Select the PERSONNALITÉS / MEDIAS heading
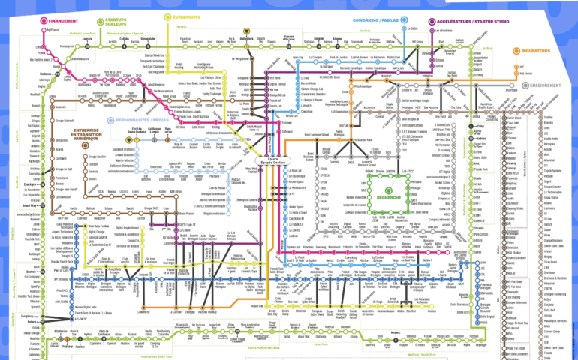tap(143, 120)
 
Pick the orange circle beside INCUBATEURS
tap(516, 52)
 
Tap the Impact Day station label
tap(257, 305)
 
